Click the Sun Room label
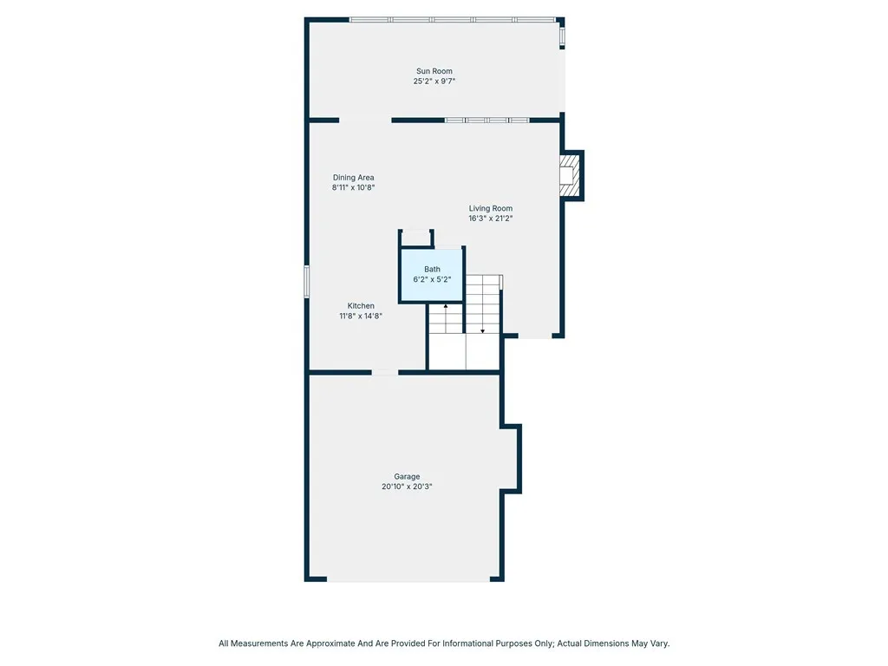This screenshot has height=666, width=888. coord(434,71)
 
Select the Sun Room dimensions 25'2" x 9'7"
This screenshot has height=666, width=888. coord(434,82)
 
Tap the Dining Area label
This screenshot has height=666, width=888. coord(353,178)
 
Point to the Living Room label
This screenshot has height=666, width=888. coord(491,208)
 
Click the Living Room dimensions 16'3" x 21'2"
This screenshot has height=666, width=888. coord(491,219)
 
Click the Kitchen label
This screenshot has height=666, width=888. coord(361,306)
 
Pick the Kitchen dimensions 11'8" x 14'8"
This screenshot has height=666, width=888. coord(361,317)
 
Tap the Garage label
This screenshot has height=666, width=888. coord(407,477)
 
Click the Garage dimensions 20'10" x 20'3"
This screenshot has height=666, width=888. coord(407,487)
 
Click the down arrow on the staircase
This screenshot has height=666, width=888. coord(483,330)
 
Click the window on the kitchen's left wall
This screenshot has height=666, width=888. coord(307,282)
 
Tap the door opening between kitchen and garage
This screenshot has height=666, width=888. coord(385,373)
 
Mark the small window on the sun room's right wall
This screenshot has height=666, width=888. coord(562,36)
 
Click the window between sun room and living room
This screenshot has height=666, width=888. coord(486,121)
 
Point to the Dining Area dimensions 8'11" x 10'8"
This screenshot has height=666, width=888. coord(353,187)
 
